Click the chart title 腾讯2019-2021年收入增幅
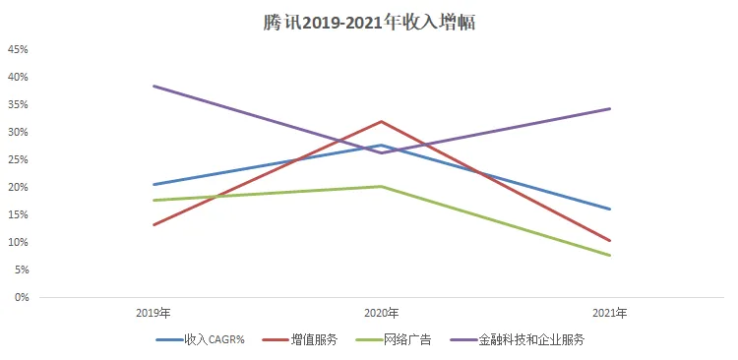pos(369,22)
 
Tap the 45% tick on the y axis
pos(19,49)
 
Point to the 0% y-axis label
pos(22,297)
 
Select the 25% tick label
pos(19,159)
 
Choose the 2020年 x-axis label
pos(382,313)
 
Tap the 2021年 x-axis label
pos(610,313)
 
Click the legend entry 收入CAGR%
pos(200,339)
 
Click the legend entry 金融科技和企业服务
pos(517,339)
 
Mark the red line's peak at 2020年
pos(382,121)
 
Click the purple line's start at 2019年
pos(154,87)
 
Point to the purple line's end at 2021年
pos(610,109)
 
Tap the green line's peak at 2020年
pos(382,186)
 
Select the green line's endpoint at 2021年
pos(610,256)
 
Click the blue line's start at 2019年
pos(154,185)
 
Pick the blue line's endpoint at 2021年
pos(610,209)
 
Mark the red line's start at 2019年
pos(154,225)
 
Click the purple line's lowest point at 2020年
pos(382,152)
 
